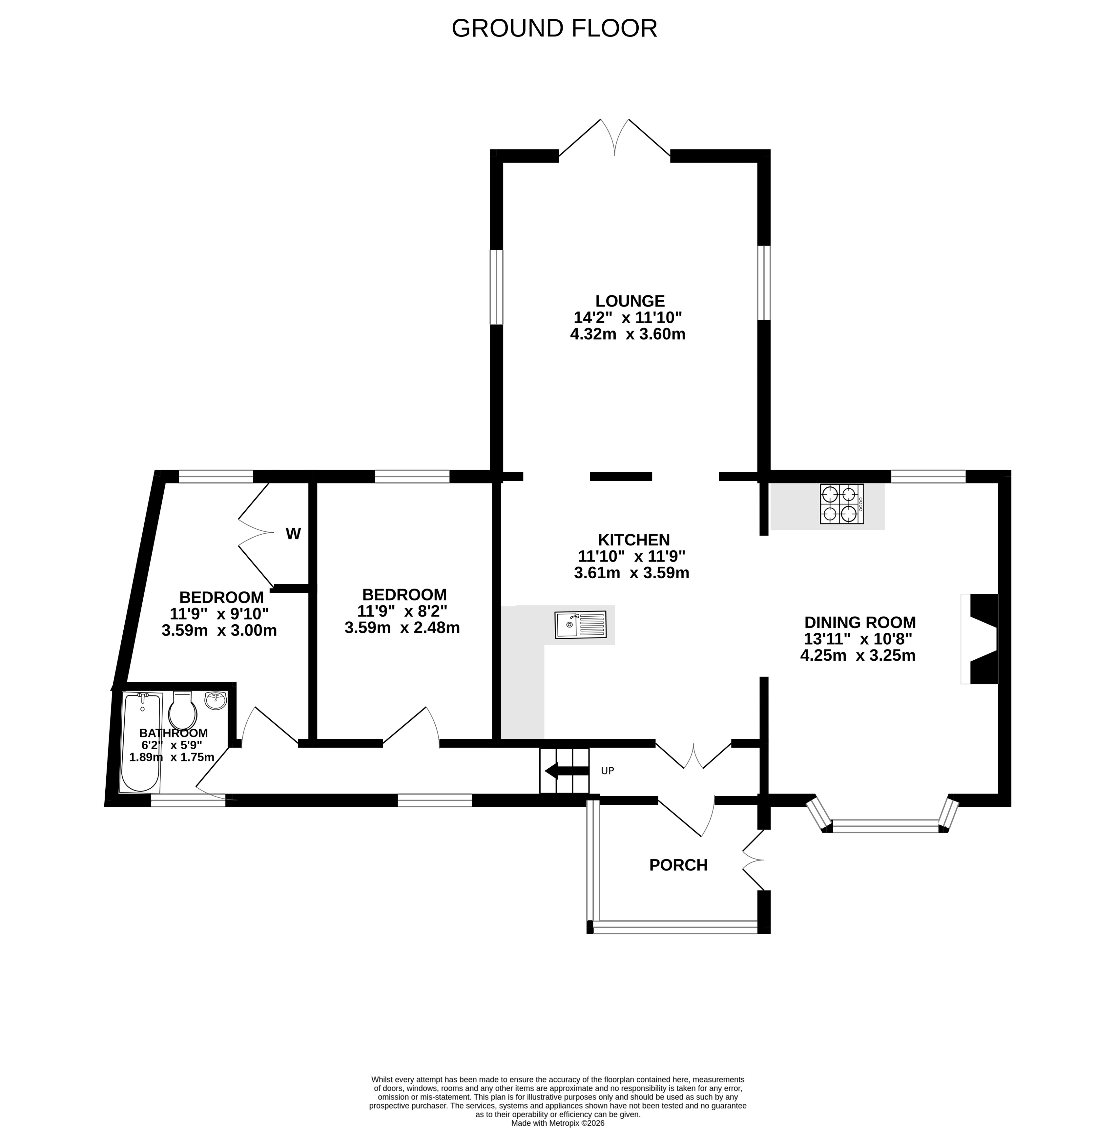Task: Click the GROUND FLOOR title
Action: [x=554, y=28]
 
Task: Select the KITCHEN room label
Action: [x=634, y=540]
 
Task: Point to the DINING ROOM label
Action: [x=860, y=622]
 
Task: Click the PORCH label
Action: [x=678, y=865]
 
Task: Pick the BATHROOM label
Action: [x=173, y=733]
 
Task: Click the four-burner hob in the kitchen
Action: [x=842, y=504]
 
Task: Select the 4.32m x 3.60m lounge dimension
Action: [x=628, y=334]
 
